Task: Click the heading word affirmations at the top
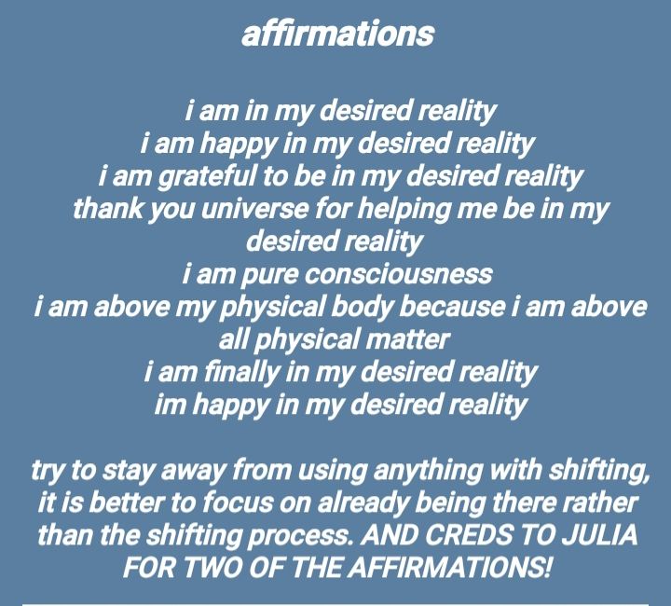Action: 337,34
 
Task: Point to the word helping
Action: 404,210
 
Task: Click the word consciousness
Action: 399,274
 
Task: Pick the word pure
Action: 269,276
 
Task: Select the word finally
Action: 241,372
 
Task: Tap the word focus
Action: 237,502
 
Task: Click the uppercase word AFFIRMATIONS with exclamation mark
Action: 449,568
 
